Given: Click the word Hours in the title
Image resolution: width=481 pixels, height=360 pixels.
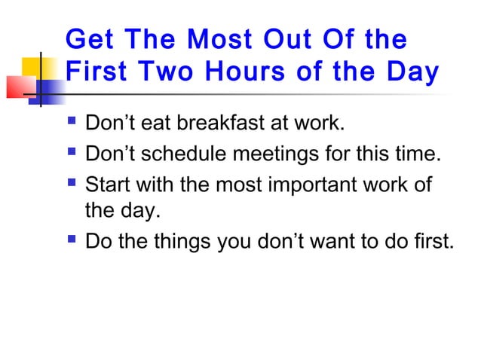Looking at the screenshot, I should pyautogui.click(x=251, y=72).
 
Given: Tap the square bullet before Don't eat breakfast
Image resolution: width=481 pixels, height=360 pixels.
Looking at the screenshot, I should pyautogui.click(x=71, y=123).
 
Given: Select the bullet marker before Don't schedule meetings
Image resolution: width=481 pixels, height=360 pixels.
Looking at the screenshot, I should pyautogui.click(x=71, y=154).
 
